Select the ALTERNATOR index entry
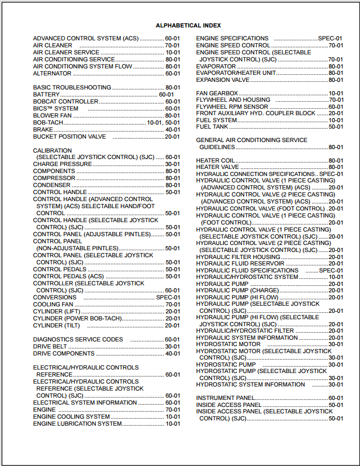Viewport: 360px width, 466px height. [x=53, y=74]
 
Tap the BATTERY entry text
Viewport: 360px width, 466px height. [x=46, y=95]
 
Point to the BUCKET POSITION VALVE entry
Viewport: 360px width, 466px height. [x=70, y=137]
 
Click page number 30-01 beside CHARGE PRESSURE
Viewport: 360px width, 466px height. [x=172, y=164]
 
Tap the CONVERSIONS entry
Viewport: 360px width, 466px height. [x=55, y=298]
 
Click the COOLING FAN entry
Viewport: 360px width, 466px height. [x=54, y=305]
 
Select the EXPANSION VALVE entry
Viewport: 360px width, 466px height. [x=223, y=80]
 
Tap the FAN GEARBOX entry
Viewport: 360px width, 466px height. [x=217, y=94]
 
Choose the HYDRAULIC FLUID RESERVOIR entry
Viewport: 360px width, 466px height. [x=240, y=264]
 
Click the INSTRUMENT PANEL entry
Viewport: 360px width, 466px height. [x=229, y=398]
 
